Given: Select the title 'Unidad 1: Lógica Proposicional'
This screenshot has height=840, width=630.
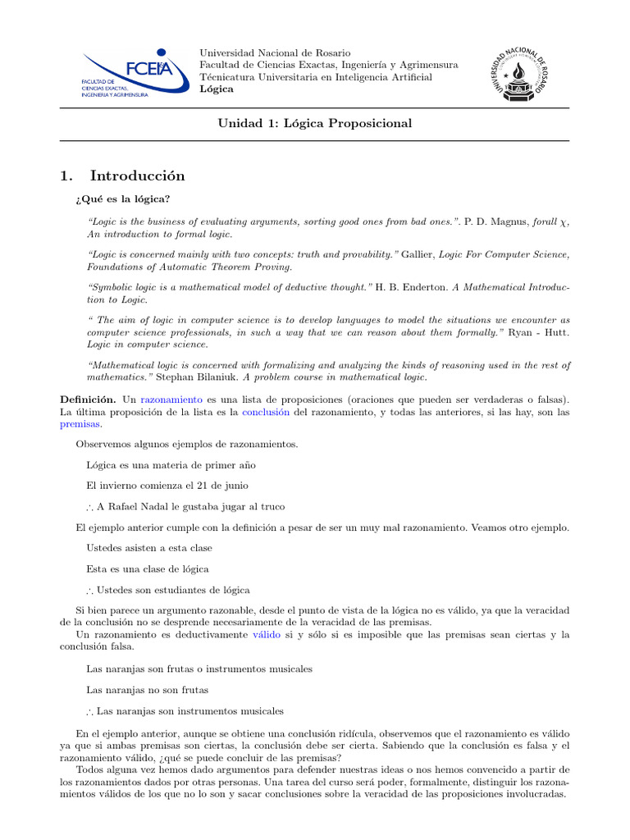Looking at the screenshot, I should [x=314, y=123].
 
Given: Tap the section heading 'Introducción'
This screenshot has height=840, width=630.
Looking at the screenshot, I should [x=137, y=176].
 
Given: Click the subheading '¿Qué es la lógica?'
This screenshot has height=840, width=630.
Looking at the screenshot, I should [x=122, y=199].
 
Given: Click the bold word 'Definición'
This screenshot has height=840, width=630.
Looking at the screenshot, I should [x=87, y=398].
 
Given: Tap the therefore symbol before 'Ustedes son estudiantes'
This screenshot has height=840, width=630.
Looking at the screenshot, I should [x=90, y=590].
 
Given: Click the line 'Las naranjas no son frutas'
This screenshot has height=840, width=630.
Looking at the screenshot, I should [x=147, y=690].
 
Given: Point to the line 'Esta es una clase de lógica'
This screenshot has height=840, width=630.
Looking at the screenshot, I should [x=147, y=568].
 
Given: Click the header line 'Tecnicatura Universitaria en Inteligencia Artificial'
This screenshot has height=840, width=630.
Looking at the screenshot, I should [x=316, y=77].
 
